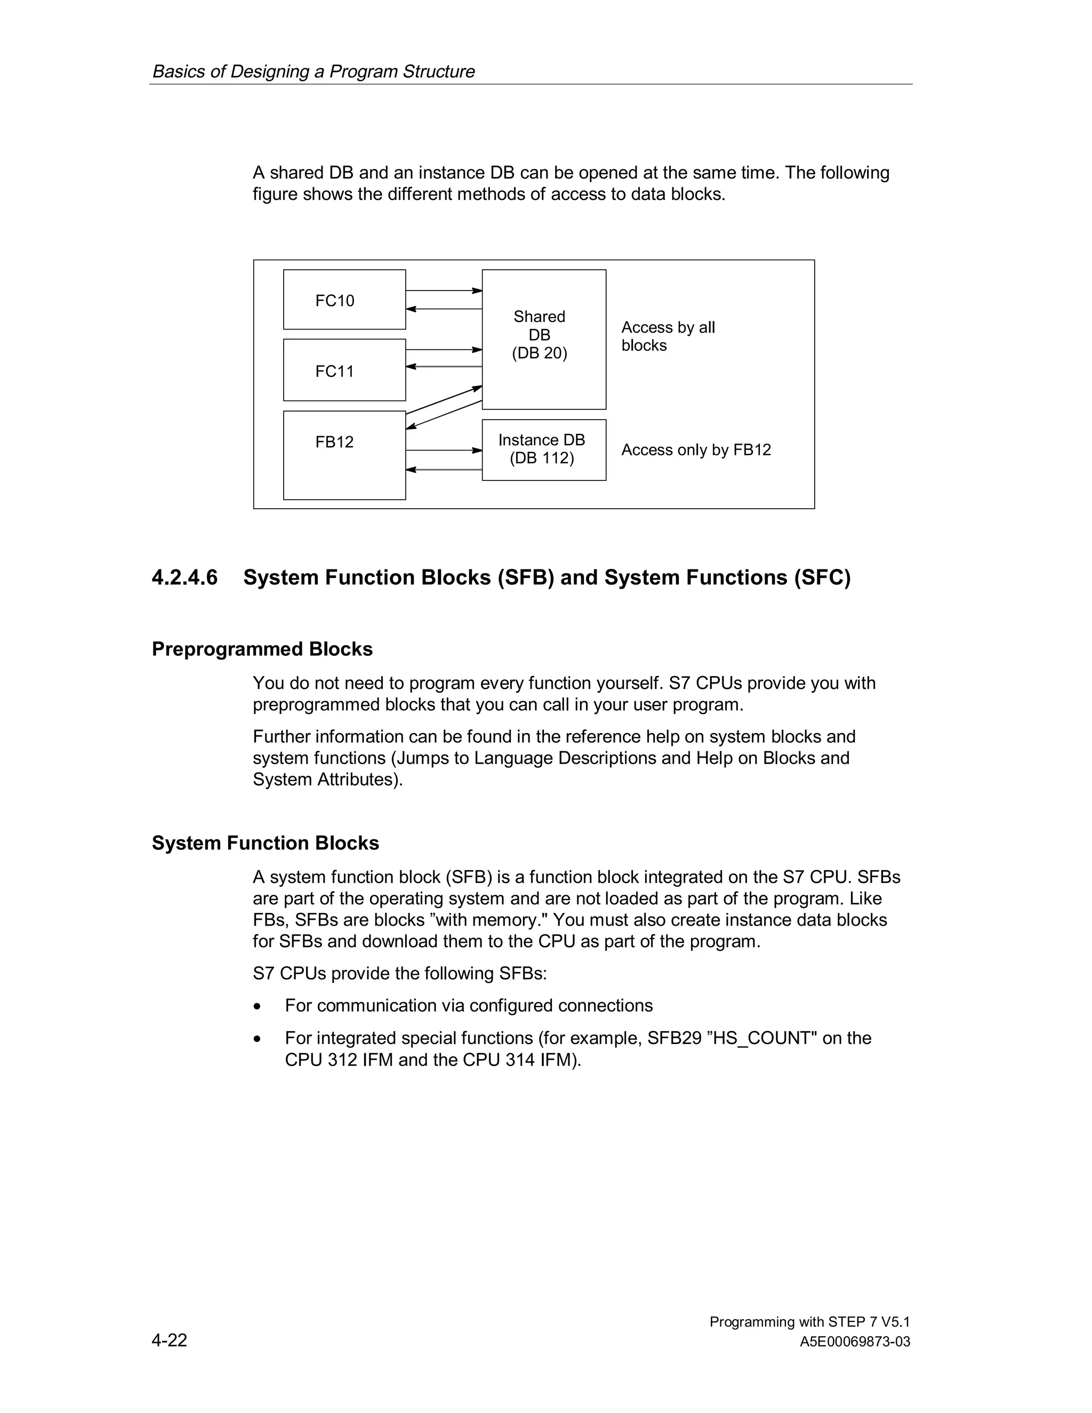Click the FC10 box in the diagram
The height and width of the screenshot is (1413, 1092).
[x=343, y=300]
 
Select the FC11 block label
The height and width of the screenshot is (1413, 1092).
[x=334, y=371]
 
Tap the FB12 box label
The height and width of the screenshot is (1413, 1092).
[x=334, y=442]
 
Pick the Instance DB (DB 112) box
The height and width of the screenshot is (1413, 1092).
[x=543, y=449]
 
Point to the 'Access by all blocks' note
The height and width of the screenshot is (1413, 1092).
[x=668, y=336]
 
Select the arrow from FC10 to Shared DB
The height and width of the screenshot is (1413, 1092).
[x=444, y=291]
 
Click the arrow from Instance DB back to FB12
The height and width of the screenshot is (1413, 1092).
[x=444, y=470]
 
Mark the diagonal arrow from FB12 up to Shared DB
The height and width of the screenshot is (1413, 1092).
[x=444, y=400]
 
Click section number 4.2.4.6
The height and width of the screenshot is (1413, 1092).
[x=185, y=577]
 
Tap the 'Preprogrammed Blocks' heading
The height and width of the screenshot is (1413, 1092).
[x=262, y=649]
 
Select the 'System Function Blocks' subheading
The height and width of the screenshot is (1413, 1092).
[x=265, y=843]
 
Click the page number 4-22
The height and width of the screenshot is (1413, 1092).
[x=170, y=1340]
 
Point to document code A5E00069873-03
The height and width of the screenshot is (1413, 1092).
[x=855, y=1342]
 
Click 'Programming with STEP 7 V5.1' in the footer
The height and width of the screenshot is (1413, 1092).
[x=809, y=1322]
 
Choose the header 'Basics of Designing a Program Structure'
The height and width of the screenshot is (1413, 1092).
[x=313, y=71]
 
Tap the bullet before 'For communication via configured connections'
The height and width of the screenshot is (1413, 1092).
[x=258, y=1007]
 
